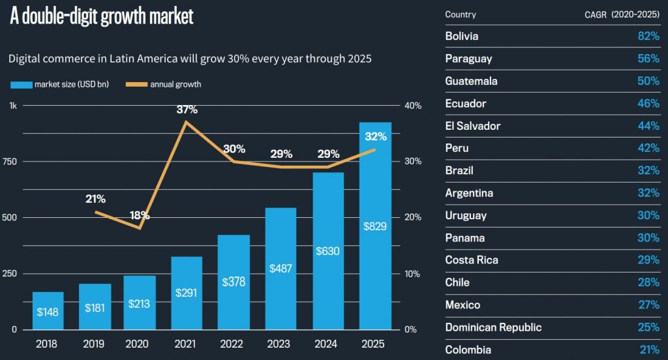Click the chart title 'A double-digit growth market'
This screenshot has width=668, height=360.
click(102, 16)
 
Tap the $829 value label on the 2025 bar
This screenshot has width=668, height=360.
click(375, 226)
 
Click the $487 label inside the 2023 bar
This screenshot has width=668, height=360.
click(281, 268)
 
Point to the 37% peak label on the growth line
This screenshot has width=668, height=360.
click(187, 110)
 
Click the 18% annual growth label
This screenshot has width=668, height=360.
click(140, 215)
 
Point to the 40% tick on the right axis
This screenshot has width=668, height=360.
click(413, 106)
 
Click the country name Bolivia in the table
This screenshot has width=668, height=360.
click(461, 36)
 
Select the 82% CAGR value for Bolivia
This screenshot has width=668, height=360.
click(648, 36)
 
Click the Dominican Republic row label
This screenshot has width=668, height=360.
click(493, 327)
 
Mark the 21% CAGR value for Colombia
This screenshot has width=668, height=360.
click(648, 350)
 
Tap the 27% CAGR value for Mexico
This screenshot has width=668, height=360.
click(648, 305)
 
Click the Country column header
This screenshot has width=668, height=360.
click(461, 14)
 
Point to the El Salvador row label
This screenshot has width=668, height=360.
click(472, 126)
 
